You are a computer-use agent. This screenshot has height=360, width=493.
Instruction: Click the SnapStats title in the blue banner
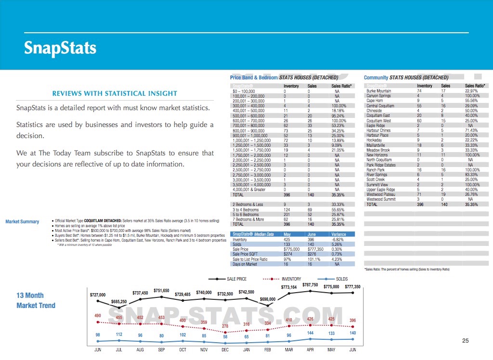pyautogui.click(x=60, y=48)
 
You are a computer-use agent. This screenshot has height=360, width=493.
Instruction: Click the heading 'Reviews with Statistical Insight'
pyautogui.click(x=115, y=93)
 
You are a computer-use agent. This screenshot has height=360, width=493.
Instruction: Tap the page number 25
pyautogui.click(x=465, y=341)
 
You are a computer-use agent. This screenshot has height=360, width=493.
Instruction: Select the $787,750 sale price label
pyautogui.click(x=310, y=285)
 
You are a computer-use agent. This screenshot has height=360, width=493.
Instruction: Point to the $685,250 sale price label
pyautogui.click(x=118, y=302)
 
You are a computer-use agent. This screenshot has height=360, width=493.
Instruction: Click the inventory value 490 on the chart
pyautogui.click(x=98, y=315)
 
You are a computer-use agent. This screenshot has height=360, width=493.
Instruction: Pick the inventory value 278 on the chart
pyautogui.click(x=224, y=326)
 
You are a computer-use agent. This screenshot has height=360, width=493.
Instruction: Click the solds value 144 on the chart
pyautogui.click(x=310, y=333)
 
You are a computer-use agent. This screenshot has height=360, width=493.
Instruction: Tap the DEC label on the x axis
pyautogui.click(x=225, y=350)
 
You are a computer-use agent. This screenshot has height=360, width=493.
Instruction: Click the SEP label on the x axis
pyautogui.click(x=162, y=350)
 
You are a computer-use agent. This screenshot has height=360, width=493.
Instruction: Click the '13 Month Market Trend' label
pyautogui.click(x=36, y=300)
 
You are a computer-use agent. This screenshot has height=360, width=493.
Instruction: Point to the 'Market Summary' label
pyautogui.click(x=22, y=222)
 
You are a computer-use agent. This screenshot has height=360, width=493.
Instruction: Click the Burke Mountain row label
pyautogui.click(x=379, y=91)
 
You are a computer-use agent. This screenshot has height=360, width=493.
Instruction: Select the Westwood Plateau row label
pyautogui.click(x=381, y=194)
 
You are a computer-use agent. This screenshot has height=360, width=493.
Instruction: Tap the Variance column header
pyautogui.click(x=339, y=234)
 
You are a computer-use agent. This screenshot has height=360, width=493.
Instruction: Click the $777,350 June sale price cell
pyautogui.click(x=315, y=249)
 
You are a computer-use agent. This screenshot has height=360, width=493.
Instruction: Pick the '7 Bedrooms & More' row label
pyautogui.click(x=248, y=219)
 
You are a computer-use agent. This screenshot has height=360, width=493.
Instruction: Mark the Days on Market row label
pyautogui.click(x=245, y=264)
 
